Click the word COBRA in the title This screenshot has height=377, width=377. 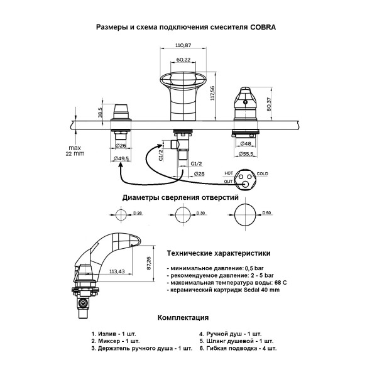[263, 27]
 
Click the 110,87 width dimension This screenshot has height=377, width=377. [183, 45]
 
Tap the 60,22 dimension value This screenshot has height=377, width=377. [183, 60]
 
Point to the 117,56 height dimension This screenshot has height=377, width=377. [212, 93]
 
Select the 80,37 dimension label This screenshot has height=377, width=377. [269, 104]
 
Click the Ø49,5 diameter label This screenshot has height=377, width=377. [122, 158]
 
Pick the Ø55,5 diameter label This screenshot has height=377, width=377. [246, 154]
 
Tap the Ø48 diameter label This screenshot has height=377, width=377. [246, 143]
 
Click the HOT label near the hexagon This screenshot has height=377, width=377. [229, 173]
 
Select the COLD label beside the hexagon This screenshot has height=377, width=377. [262, 173]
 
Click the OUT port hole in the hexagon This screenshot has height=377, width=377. [246, 184]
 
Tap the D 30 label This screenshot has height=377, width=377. [200, 213]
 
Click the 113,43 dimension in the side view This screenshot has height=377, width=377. [117, 271]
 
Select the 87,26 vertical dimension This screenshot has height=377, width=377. [149, 263]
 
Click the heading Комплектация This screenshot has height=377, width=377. [183, 317]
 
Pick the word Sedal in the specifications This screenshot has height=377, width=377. [251, 290]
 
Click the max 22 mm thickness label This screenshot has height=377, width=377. [75, 151]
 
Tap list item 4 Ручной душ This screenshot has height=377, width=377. [230, 334]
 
